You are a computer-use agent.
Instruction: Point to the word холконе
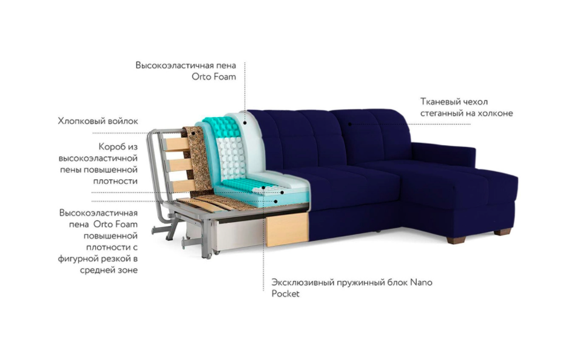click(496, 113)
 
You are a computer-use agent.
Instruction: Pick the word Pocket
click(285, 294)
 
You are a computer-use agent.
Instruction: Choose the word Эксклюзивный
click(298, 282)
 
